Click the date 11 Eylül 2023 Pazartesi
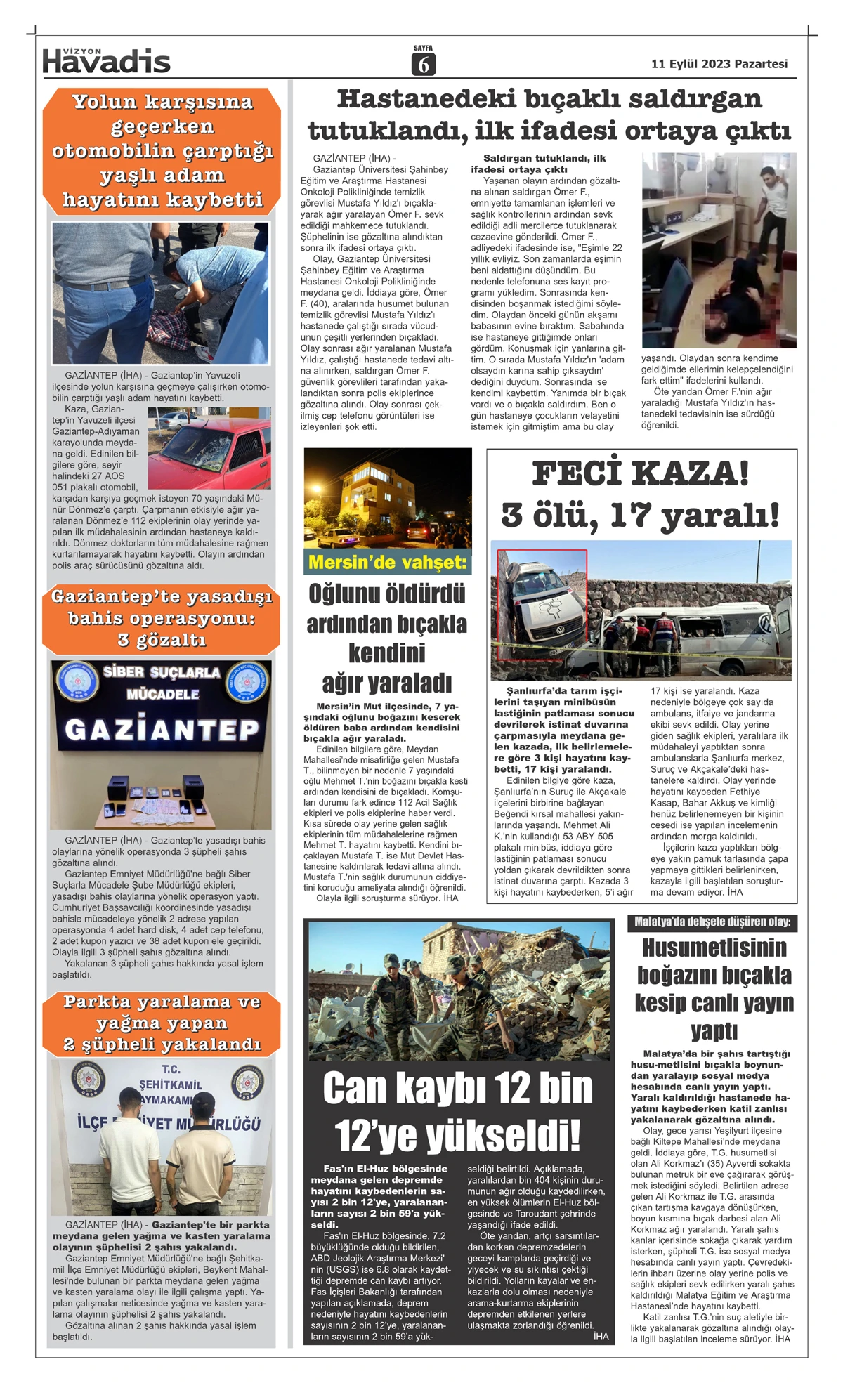click(719, 64)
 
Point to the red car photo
click(209, 447)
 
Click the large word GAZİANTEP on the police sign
click(162, 730)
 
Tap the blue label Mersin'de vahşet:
click(387, 562)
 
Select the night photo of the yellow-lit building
click(387, 497)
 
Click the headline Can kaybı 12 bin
click(457, 1089)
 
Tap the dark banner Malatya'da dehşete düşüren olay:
click(712, 922)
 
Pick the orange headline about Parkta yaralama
click(162, 1023)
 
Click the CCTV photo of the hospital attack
click(719, 250)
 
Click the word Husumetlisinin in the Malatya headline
click(714, 948)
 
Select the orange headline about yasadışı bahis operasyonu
click(162, 618)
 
